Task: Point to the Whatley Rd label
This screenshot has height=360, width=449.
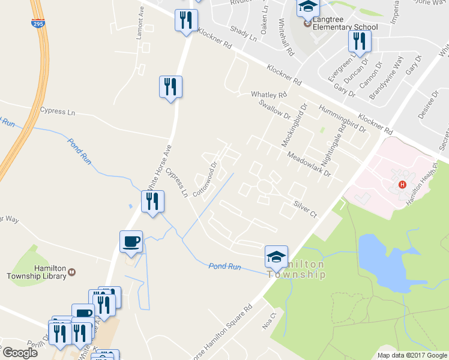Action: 269,95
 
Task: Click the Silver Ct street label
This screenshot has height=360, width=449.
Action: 305,209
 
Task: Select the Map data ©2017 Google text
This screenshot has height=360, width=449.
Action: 412,355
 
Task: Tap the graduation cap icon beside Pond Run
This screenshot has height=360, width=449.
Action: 276,257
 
